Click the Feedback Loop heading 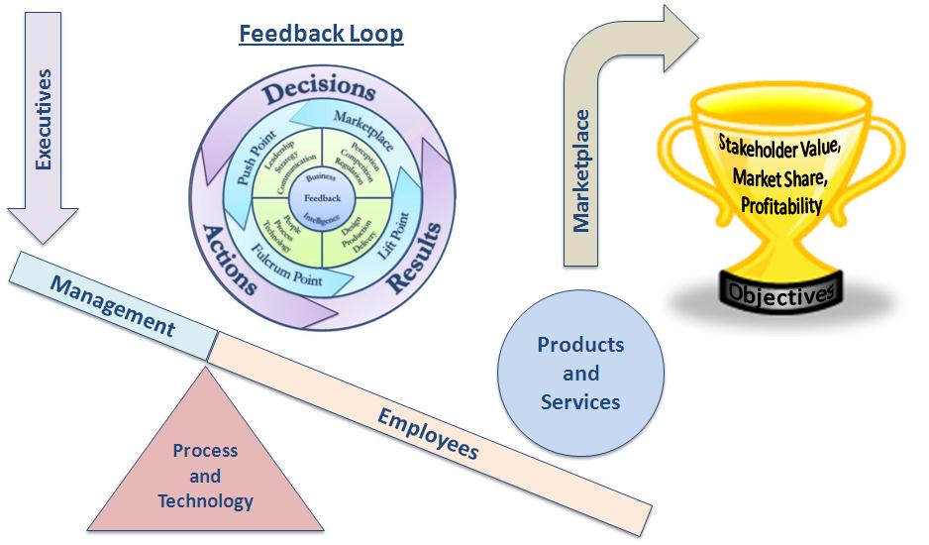click(321, 34)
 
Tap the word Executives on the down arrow click(43, 119)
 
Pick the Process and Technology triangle click(205, 475)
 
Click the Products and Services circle click(580, 374)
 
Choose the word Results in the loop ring click(411, 261)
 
